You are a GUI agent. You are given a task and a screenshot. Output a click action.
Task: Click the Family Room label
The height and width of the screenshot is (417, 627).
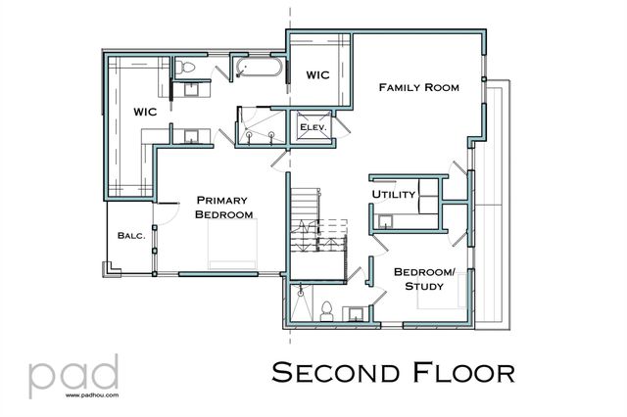(x=418, y=87)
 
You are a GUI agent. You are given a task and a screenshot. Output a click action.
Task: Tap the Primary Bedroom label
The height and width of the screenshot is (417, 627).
(x=224, y=207)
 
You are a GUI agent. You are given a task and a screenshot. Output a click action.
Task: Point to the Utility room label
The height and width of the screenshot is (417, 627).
(x=394, y=195)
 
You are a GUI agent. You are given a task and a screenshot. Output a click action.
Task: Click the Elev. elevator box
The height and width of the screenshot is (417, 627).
(x=313, y=127)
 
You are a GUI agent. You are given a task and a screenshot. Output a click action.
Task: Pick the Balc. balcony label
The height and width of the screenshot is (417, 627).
(x=130, y=235)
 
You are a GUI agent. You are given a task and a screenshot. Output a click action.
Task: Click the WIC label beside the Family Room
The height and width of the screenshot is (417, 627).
(x=318, y=75)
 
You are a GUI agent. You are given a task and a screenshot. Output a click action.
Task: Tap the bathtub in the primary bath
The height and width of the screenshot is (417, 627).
(x=260, y=69)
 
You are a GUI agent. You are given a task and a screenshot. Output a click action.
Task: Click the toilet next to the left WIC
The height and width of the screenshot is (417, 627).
(x=187, y=68)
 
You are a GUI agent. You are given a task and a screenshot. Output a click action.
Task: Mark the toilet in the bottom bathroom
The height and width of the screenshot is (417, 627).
(x=328, y=310)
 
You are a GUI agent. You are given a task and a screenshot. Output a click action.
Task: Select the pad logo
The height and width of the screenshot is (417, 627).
(x=74, y=373)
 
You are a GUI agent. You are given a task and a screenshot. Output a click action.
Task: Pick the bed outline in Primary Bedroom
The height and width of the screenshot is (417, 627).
(x=232, y=245)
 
